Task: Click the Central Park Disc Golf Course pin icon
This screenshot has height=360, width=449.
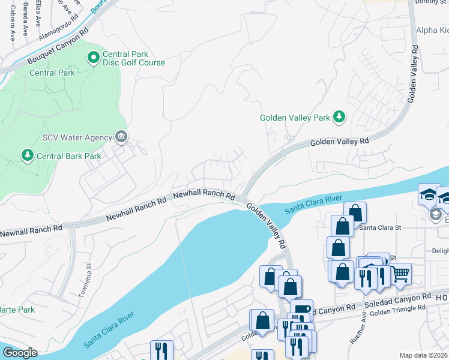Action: tap(93, 58)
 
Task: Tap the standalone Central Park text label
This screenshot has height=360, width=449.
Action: tap(53, 73)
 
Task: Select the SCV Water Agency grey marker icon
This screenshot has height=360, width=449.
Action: tap(121, 137)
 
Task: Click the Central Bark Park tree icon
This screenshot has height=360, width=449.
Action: tap(27, 156)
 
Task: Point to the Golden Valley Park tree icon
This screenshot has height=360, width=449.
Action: tap(339, 117)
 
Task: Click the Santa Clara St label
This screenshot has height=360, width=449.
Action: tap(379, 227)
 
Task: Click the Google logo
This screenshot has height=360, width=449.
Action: tap(20, 353)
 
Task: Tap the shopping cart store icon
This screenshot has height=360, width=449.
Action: tap(400, 274)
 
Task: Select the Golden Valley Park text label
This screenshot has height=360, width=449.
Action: tap(295, 118)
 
